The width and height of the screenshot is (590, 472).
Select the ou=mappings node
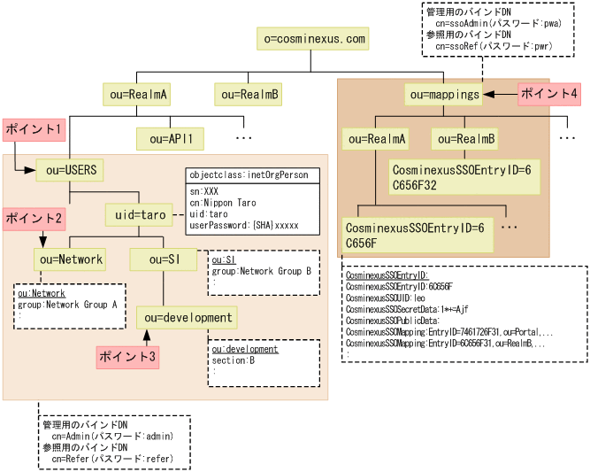click(444, 94)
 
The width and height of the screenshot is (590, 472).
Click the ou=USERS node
click(70, 170)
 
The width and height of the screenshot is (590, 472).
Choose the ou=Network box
click(70, 259)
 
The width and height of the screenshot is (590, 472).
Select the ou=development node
click(188, 317)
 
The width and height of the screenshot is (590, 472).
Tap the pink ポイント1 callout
click(34, 129)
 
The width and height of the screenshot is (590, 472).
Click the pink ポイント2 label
click(34, 218)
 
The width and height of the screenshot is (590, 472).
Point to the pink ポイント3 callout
click(126, 357)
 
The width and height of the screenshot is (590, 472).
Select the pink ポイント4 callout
click(548, 93)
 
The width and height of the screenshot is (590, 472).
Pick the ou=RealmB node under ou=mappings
click(465, 139)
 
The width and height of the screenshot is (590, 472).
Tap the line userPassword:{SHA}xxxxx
click(243, 226)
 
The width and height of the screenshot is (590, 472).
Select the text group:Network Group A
click(67, 304)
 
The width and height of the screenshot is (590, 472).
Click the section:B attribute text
click(234, 360)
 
